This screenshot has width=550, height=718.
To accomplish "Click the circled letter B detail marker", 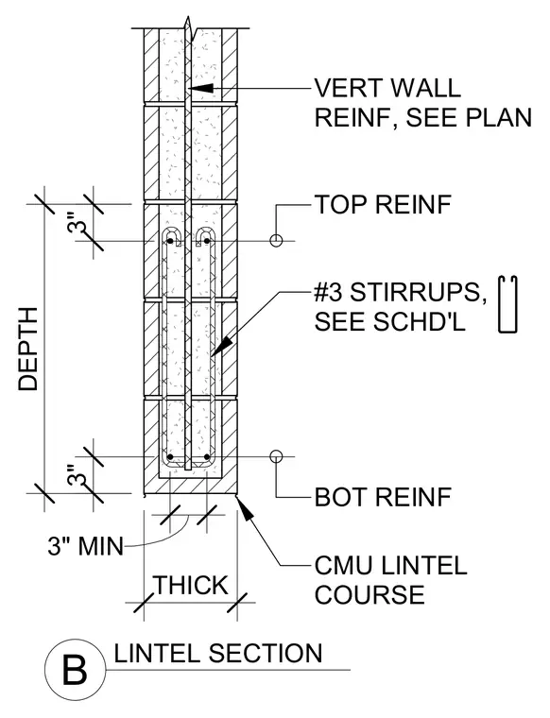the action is (x=74, y=670).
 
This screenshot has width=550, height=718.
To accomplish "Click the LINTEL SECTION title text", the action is (x=218, y=654).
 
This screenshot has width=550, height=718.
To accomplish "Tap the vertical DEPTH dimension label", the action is (x=27, y=349).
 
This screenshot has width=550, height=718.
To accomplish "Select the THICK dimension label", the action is (x=191, y=585).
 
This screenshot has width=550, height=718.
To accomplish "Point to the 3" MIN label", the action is (x=86, y=546).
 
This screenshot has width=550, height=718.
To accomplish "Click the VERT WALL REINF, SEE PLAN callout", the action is (x=422, y=103).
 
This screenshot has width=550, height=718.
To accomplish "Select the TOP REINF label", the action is (x=383, y=204).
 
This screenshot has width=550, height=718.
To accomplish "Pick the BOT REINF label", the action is (x=383, y=497).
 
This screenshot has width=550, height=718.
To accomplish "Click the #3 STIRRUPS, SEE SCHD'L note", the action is (x=401, y=307).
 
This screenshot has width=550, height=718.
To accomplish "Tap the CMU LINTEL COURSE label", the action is (x=390, y=580).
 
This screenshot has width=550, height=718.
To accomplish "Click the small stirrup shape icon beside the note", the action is (x=507, y=304).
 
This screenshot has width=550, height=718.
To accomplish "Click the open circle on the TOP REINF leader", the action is (x=276, y=240).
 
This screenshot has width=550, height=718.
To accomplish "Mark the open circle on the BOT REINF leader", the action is (x=276, y=456).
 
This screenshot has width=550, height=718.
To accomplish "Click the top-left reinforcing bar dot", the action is (x=170, y=240).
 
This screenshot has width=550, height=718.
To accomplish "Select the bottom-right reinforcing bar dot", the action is (x=207, y=457).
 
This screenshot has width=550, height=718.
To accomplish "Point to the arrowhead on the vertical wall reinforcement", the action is (x=200, y=88).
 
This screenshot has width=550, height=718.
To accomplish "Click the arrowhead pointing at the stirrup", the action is (x=221, y=347).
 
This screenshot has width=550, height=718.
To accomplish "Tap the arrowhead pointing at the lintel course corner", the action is (x=245, y=508).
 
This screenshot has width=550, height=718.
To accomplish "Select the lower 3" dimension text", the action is (x=77, y=476).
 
